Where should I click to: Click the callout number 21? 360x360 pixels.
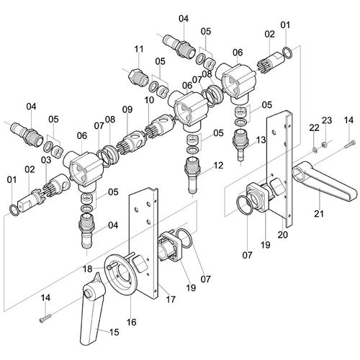[x=319, y=213]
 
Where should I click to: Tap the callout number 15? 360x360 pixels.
[x=114, y=332]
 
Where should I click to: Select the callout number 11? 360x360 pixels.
[x=139, y=49]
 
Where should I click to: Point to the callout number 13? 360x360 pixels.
[x=261, y=140]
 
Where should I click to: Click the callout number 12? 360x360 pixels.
[x=218, y=166]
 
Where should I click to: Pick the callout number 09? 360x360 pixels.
[x=127, y=109]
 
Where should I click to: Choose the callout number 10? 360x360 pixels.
[x=149, y=100]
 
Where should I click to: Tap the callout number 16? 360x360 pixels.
[x=132, y=322]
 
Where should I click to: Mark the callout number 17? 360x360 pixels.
[x=171, y=300]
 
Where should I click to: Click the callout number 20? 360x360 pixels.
[x=283, y=235]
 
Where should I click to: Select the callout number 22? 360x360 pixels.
[x=314, y=128]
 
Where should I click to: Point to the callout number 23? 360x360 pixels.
[x=327, y=120]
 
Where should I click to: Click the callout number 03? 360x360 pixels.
[x=46, y=160]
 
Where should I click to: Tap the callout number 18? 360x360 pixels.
[x=87, y=269]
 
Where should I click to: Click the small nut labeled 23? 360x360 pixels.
[x=324, y=145]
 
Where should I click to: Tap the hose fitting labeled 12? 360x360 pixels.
[x=192, y=175]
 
